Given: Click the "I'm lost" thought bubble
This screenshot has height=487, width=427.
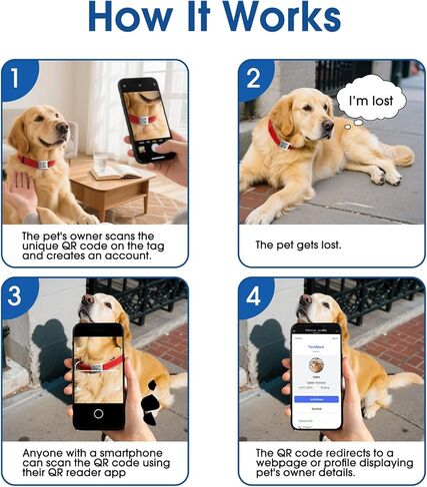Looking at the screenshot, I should [370, 100].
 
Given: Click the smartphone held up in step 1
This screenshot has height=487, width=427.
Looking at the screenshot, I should [146, 118].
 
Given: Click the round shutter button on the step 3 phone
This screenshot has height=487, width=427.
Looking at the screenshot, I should [98, 413].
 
